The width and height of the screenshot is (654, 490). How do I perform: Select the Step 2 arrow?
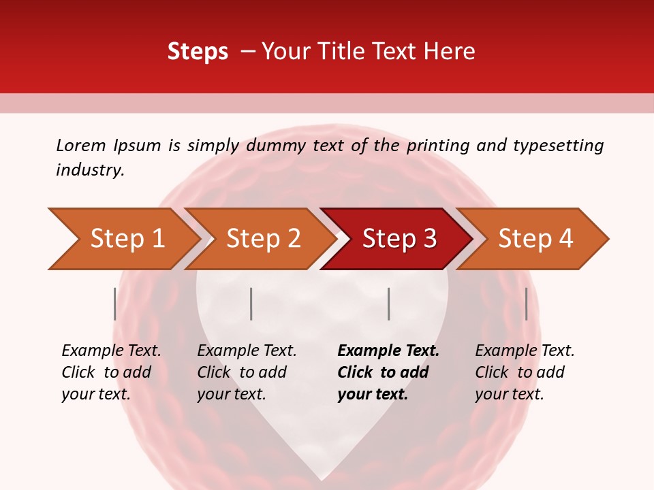tap(263, 239)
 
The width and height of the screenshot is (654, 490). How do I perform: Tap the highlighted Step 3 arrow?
tap(399, 239)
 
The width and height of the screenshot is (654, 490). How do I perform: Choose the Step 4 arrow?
tap(535, 239)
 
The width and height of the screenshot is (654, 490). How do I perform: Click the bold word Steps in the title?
tap(198, 52)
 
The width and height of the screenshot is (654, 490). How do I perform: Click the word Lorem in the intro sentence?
tap(81, 145)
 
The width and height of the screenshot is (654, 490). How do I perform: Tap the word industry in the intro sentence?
tap(90, 170)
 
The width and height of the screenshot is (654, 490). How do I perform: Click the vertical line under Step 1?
tap(114, 304)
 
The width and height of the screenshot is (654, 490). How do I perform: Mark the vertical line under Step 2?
tap(251, 304)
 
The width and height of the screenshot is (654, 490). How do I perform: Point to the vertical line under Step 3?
tap(388, 304)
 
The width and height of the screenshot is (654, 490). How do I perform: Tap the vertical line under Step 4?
tap(526, 304)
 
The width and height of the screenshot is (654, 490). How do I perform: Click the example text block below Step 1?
tap(111, 372)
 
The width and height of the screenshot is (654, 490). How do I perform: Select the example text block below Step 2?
tap(247, 372)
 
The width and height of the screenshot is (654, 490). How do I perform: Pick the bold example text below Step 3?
tap(388, 372)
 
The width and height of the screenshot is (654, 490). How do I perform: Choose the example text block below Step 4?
tap(525, 372)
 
